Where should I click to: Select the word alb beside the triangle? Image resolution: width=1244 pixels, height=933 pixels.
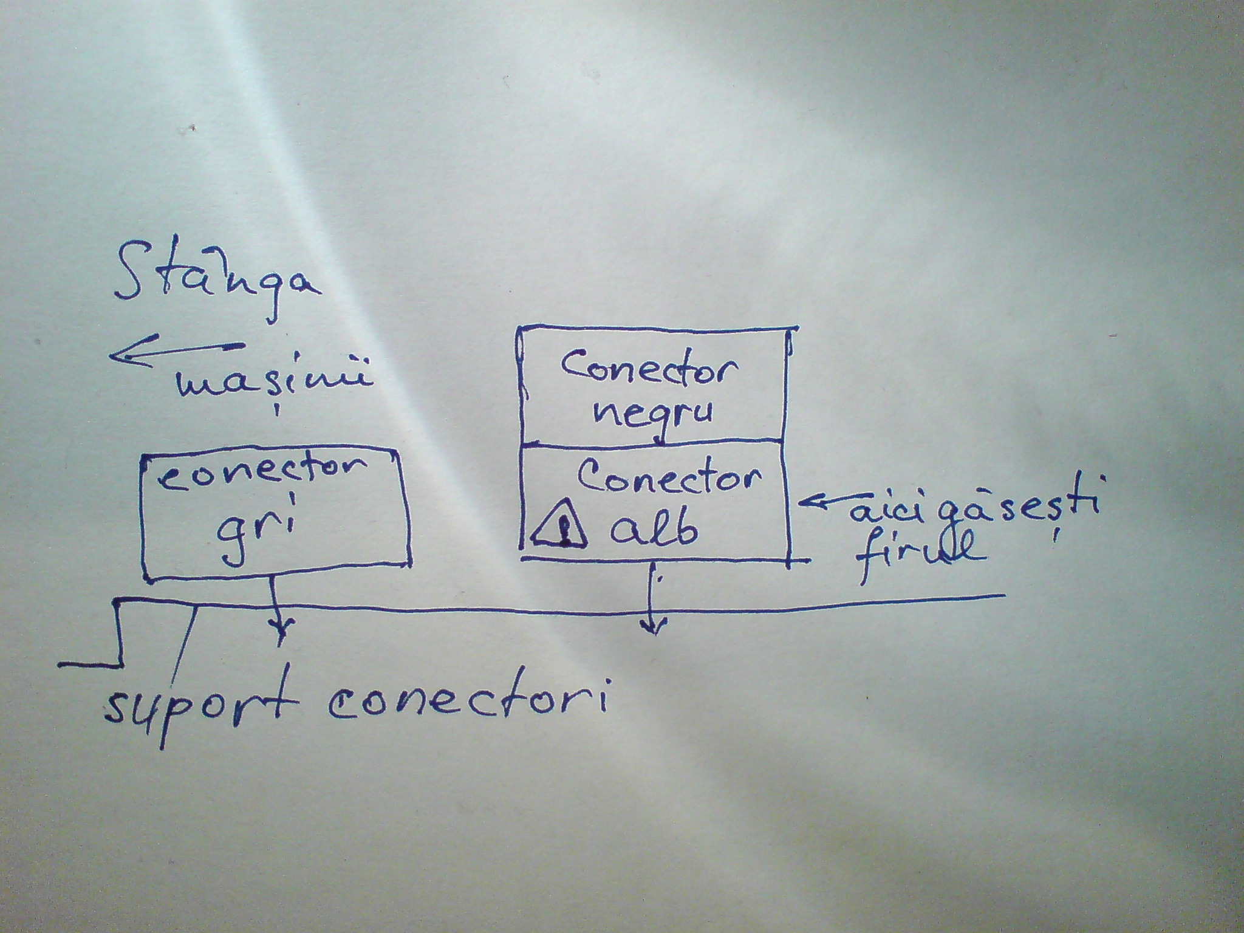coord(653,526)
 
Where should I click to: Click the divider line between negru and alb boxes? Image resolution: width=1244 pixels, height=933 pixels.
coord(653,442)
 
